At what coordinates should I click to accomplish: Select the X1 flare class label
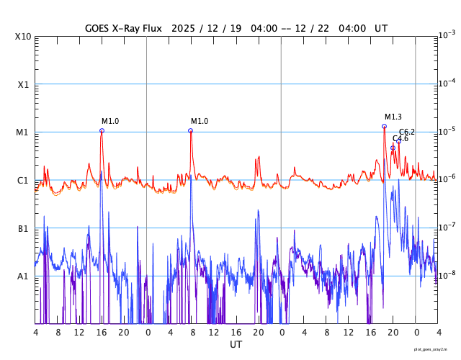click(x=24, y=84)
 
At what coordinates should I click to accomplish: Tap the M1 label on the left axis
click(x=23, y=132)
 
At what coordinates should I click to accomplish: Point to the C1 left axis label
click(x=23, y=180)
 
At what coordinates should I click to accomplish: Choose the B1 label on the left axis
click(x=23, y=228)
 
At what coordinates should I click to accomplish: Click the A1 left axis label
click(x=23, y=276)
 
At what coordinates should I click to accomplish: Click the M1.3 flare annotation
click(x=393, y=117)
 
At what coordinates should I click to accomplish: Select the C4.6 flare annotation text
click(x=400, y=138)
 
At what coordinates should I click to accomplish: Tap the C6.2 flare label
click(x=407, y=132)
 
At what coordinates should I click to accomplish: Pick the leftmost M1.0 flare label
click(x=110, y=121)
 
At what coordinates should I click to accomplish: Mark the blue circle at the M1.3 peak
click(x=384, y=126)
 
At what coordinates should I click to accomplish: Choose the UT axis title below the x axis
click(x=236, y=345)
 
